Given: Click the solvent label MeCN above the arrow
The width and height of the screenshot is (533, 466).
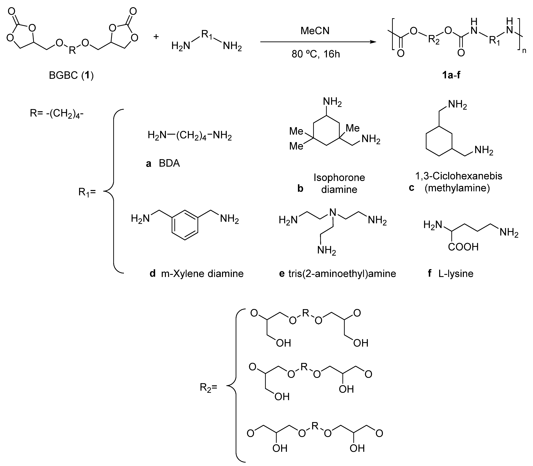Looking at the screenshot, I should tap(315, 31).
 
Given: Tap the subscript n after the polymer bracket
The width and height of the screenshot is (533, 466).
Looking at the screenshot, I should tap(524, 51).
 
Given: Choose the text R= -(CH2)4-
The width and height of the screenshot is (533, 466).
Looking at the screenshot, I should tap(57, 114).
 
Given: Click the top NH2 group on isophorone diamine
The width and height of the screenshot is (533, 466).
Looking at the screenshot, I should tap(332, 102).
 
